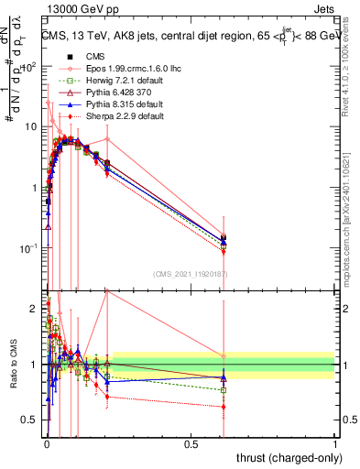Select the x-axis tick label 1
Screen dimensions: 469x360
pyautogui.click(x=335, y=443)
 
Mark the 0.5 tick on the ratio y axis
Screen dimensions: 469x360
pyautogui.click(x=31, y=420)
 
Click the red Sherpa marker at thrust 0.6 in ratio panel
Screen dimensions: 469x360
pyautogui.click(x=224, y=406)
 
